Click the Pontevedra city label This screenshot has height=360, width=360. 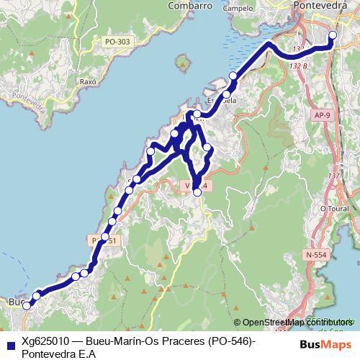[321, 6]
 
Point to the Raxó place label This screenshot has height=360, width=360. [89, 82]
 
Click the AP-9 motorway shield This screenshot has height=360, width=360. [322, 114]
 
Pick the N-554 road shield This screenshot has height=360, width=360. [314, 254]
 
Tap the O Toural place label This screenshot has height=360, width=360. [334, 208]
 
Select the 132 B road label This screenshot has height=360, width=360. [297, 65]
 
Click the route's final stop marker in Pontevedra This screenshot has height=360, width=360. [333, 35]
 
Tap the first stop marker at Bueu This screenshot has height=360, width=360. [27, 305]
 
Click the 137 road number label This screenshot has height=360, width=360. [333, 176]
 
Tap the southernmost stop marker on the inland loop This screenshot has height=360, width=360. [197, 192]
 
